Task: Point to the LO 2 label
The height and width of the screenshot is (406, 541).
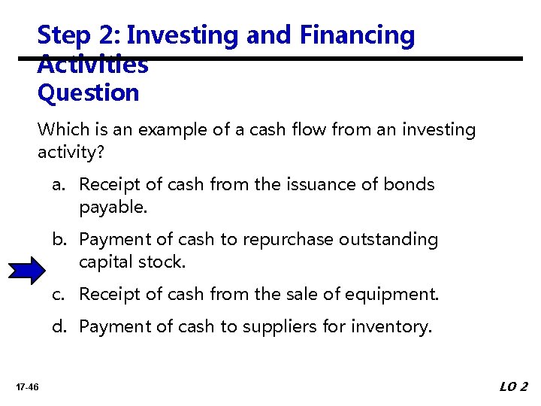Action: point(514,386)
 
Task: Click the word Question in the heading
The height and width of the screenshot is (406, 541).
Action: point(88,93)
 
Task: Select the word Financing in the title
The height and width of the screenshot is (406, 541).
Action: point(356,35)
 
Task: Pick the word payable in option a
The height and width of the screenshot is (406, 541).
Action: point(113,207)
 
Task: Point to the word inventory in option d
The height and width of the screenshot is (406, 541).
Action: point(393,327)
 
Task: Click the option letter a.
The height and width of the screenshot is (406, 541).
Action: point(58,185)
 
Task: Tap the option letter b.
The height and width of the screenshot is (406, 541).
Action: point(58,240)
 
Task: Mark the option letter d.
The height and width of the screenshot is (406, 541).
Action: point(58,327)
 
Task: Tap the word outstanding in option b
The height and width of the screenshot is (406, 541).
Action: point(388,240)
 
